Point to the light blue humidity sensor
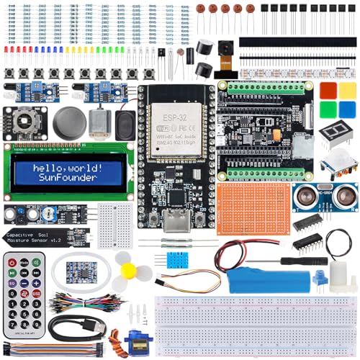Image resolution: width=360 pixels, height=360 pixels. coord(176,260)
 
